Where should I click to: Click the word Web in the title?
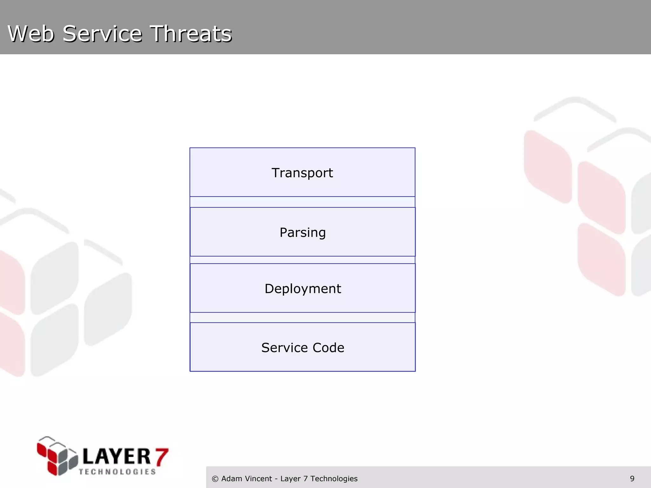[x=31, y=33]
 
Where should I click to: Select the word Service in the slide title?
[x=102, y=33]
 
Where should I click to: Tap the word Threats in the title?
[x=191, y=33]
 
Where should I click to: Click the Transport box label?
[x=302, y=173]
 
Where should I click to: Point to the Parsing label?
[x=303, y=232]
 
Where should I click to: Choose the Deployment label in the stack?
[x=303, y=288]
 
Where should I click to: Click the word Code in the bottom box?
[x=328, y=348]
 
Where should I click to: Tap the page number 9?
[x=632, y=478]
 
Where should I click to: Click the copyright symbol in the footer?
[x=215, y=479]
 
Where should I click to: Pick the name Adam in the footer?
[x=230, y=478]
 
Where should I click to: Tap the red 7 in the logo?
[x=161, y=457]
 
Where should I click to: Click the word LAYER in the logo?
[x=116, y=457]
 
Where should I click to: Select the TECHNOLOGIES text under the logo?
[x=117, y=472]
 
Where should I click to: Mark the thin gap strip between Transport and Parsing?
[x=302, y=202]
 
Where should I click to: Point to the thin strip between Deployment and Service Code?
[x=302, y=317]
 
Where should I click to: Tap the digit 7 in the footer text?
[x=305, y=478]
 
